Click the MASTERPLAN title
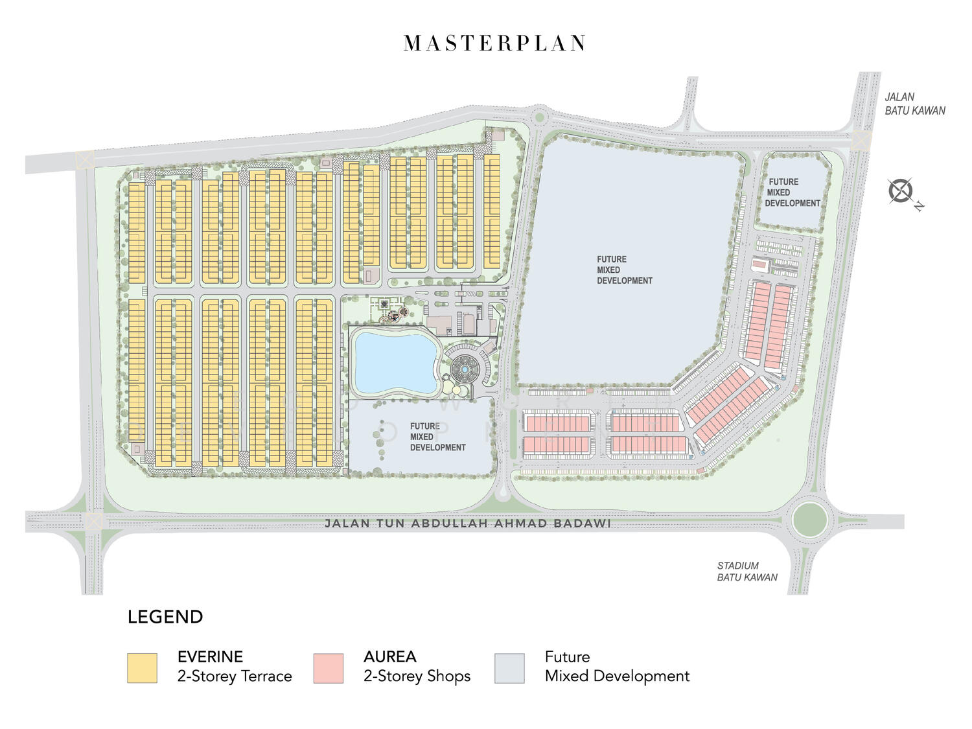pyautogui.click(x=494, y=43)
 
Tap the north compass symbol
pyautogui.click(x=901, y=191)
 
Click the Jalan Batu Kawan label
pyautogui.click(x=914, y=104)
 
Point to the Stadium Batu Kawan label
pyautogui.click(x=746, y=571)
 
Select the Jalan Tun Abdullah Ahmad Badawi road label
pyautogui.click(x=467, y=523)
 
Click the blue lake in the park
pyautogui.click(x=395, y=361)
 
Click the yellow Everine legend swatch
pyautogui.click(x=142, y=667)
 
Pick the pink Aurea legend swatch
pyautogui.click(x=328, y=667)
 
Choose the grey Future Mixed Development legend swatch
pyautogui.click(x=509, y=667)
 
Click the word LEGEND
pyautogui.click(x=165, y=617)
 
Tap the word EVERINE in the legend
pyautogui.click(x=210, y=656)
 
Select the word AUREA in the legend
pyautogui.click(x=389, y=656)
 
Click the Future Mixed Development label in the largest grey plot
pyautogui.click(x=624, y=270)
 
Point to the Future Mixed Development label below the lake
pyautogui.click(x=437, y=437)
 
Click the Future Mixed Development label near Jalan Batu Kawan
pyautogui.click(x=792, y=192)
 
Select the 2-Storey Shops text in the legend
pyautogui.click(x=417, y=676)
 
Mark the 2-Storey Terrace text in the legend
pyautogui.click(x=235, y=676)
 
